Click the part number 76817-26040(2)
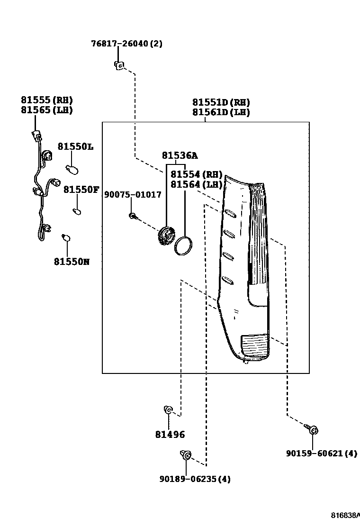(126, 44)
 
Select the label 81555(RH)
(46, 100)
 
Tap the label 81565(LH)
(46, 110)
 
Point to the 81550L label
(75, 147)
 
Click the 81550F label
(81, 190)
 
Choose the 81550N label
(71, 262)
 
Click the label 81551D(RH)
(221, 102)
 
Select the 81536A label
(180, 155)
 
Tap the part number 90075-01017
(133, 195)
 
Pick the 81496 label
(170, 435)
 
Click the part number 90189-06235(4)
(195, 479)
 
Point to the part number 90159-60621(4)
(321, 454)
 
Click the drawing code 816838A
(345, 515)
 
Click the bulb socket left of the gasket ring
(165, 236)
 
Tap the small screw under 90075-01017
(133, 216)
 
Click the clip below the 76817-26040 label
(119, 65)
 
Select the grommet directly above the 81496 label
(168, 410)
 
